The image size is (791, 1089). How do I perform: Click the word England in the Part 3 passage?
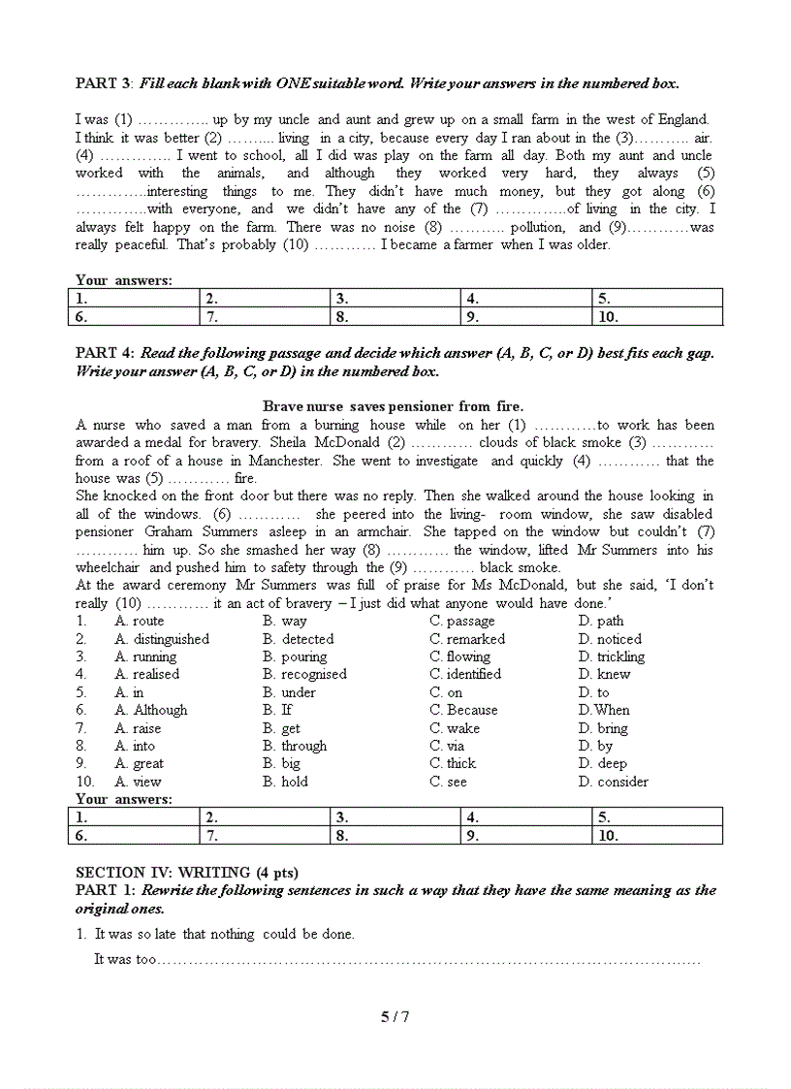[x=682, y=119]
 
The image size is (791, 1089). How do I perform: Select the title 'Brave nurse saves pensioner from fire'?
[x=394, y=406]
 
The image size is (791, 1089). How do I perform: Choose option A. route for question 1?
[x=140, y=621]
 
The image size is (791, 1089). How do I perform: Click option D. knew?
[x=603, y=674]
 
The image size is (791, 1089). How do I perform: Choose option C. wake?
[x=455, y=728]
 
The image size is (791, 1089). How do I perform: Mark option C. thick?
[x=453, y=763]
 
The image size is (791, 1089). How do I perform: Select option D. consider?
[x=613, y=782]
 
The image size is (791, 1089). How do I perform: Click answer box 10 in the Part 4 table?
[x=656, y=835]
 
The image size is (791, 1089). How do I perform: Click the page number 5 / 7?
[x=395, y=1016]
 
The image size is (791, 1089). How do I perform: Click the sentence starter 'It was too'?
[x=125, y=959]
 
